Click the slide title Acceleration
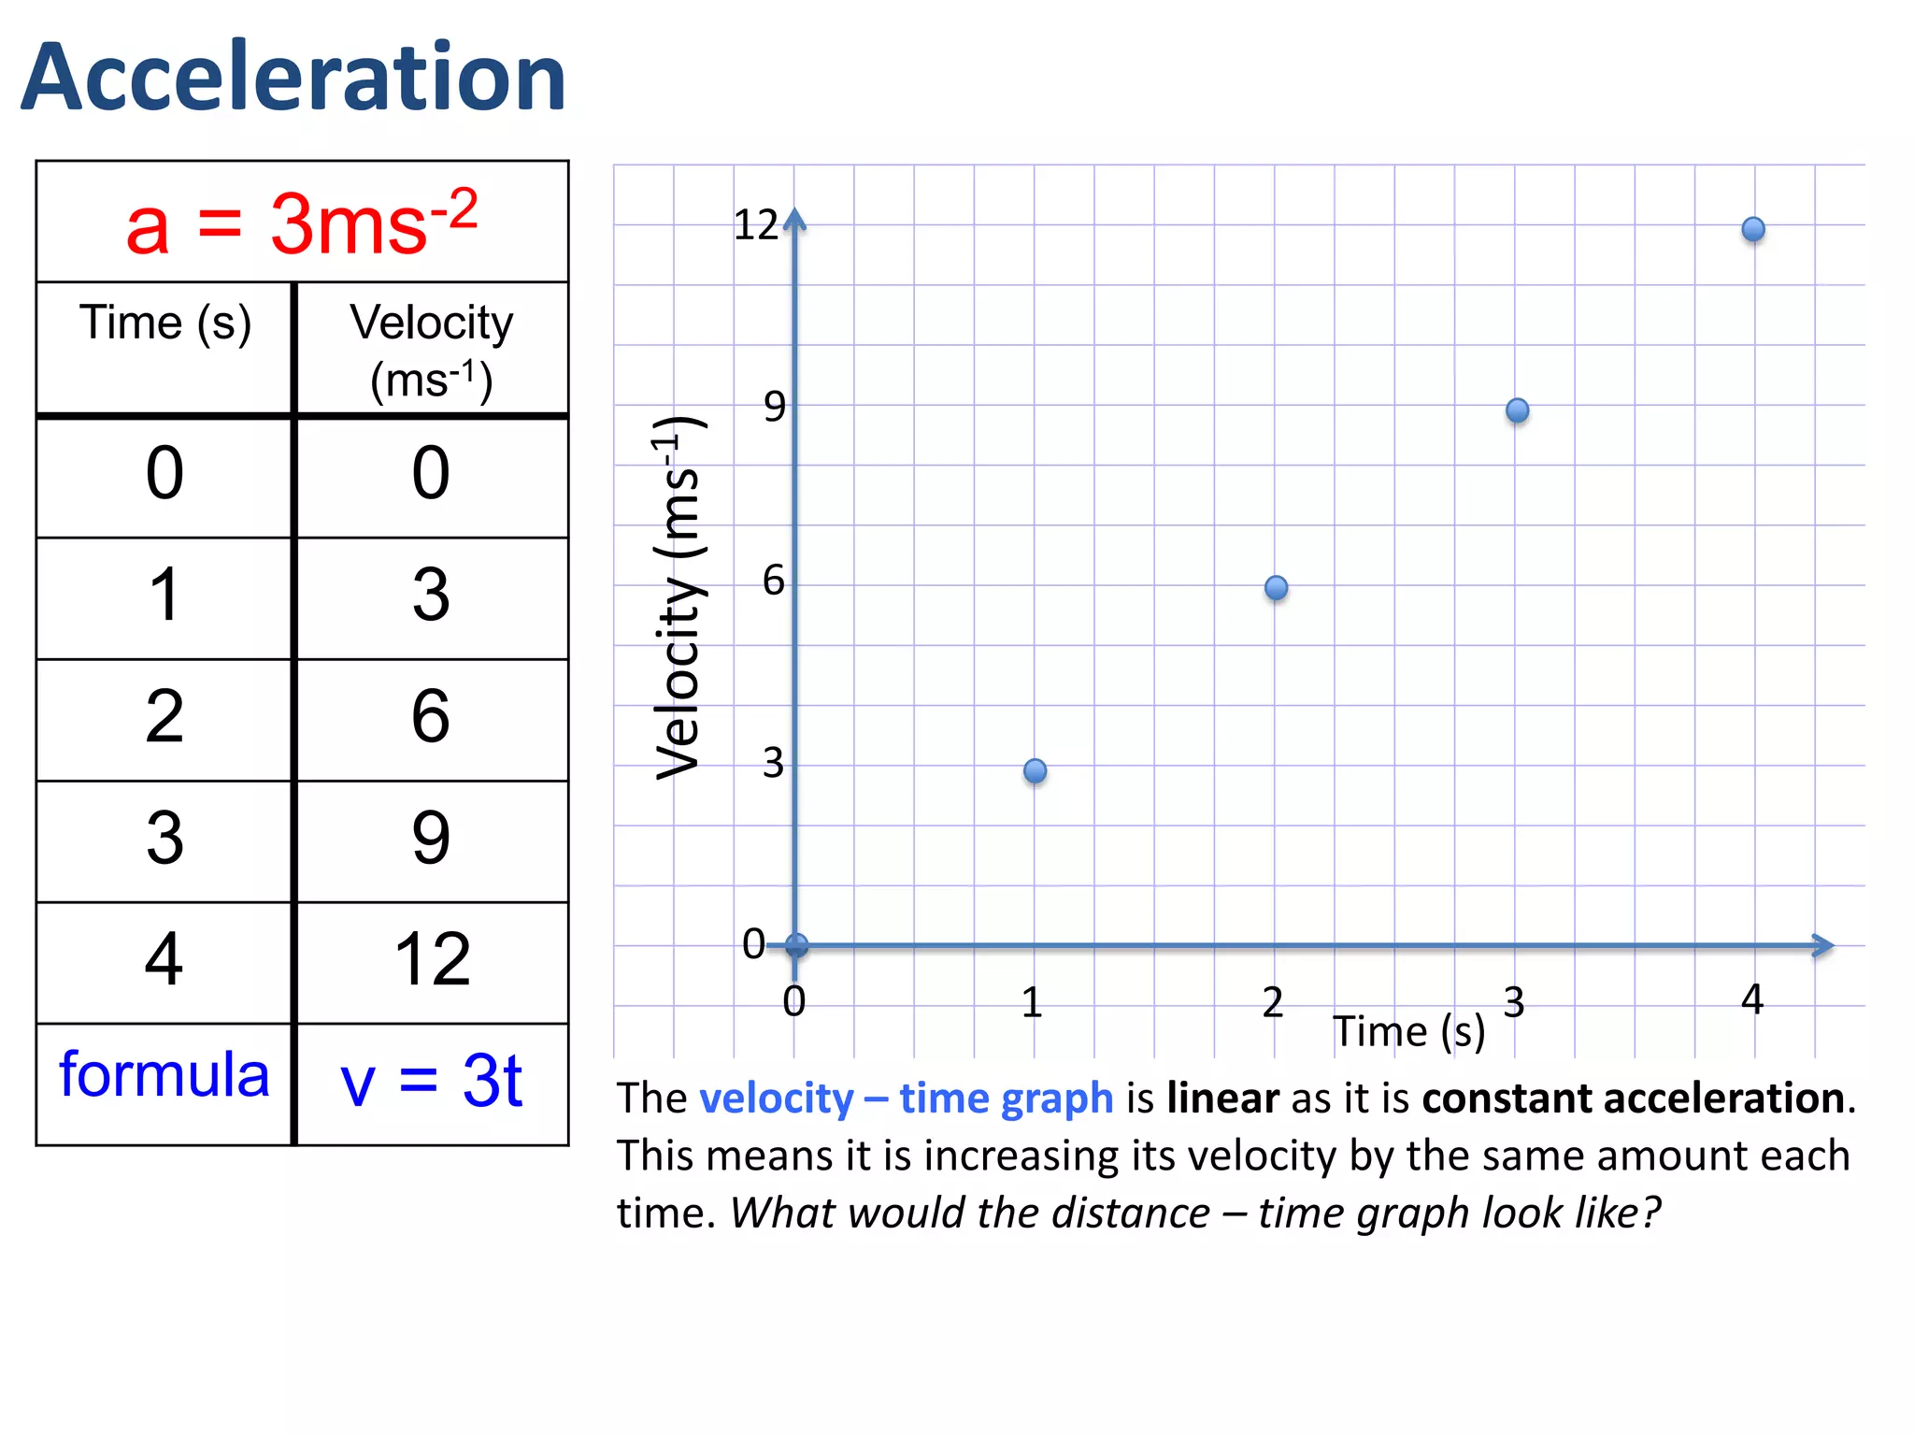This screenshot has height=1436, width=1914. tap(293, 78)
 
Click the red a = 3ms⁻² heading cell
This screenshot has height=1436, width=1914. tap(302, 223)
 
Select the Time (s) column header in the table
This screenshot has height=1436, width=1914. tap(165, 323)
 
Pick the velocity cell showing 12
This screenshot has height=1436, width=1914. tap(432, 960)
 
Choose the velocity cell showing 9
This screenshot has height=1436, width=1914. tap(431, 839)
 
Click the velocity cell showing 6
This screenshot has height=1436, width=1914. tap(431, 717)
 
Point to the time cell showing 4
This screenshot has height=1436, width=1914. tap(164, 960)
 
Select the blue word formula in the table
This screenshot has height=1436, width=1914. tap(164, 1075)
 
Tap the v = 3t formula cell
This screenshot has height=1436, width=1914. tap(431, 1082)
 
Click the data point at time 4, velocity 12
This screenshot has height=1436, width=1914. tap(1753, 229)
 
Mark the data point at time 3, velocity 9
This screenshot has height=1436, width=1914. tap(1517, 410)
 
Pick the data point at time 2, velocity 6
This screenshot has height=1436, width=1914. tap(1276, 588)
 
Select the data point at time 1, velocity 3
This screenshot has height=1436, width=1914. tap(1035, 770)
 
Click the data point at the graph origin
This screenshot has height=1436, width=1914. tap(796, 945)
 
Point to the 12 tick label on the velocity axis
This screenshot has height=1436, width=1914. tap(755, 225)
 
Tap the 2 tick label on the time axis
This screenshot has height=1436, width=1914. tap(1272, 1003)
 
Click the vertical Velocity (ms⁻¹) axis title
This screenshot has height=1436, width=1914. tap(678, 598)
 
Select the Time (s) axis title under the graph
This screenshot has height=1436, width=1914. tap(1408, 1032)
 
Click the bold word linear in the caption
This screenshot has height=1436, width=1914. tap(1222, 1099)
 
